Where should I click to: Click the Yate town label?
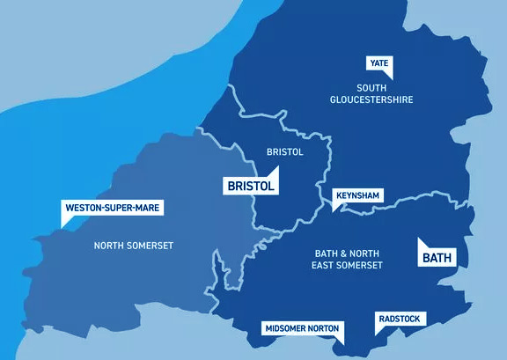[379, 63]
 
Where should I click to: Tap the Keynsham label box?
[356, 195]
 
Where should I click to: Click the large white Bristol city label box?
[251, 187]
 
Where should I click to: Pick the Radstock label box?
[400, 320]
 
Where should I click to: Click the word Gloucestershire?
[372, 99]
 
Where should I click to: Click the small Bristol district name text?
[284, 152]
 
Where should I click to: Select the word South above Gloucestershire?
[372, 87]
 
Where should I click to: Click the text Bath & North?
[349, 253]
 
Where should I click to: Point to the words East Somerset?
[349, 265]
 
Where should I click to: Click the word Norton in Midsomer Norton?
[325, 329]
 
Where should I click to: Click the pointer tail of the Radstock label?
[378, 332]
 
